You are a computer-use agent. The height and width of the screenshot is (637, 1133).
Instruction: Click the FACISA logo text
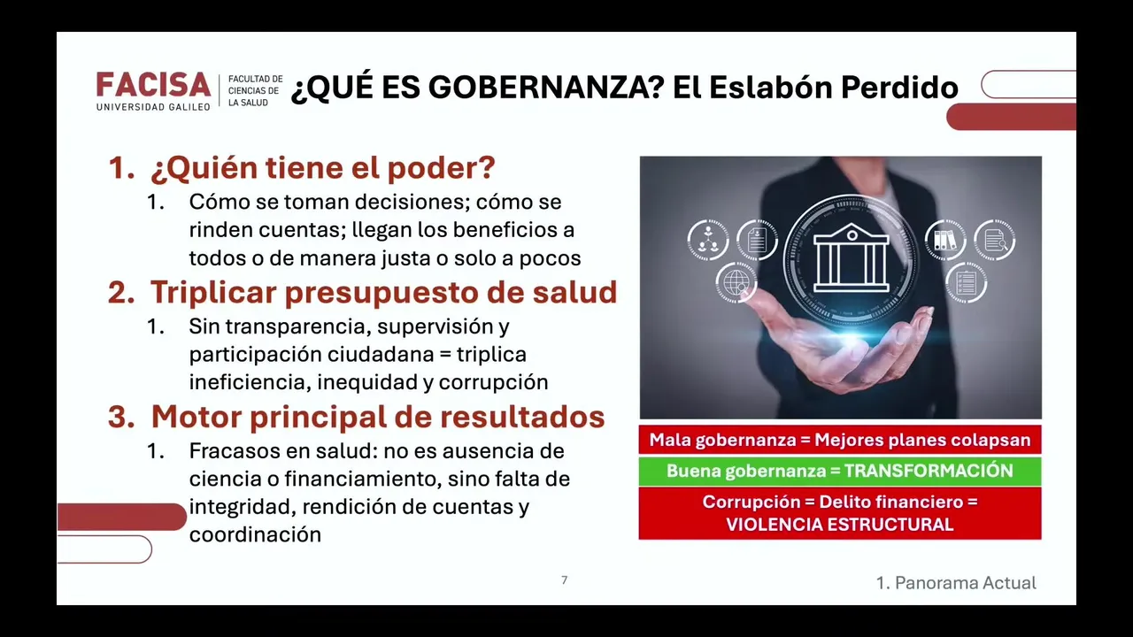(x=153, y=84)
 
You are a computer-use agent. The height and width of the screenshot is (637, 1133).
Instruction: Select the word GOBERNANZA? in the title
(x=549, y=87)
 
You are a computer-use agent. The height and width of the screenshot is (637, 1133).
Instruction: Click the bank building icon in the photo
(x=851, y=257)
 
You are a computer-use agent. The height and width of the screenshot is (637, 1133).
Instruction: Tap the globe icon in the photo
(x=736, y=282)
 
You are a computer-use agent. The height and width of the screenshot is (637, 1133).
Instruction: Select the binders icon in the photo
(x=944, y=241)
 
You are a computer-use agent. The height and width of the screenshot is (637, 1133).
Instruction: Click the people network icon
(x=708, y=240)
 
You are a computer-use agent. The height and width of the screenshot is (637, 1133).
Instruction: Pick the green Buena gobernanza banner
(x=840, y=472)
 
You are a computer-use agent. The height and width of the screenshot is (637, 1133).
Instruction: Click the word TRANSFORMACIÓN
(x=929, y=472)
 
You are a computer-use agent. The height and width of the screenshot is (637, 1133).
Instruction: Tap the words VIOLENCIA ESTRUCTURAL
(x=840, y=525)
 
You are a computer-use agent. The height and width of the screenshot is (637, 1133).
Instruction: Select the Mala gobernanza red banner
(x=840, y=440)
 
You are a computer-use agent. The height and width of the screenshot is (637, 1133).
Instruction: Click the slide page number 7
(x=565, y=579)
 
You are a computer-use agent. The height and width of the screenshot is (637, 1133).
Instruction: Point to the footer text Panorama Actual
(x=966, y=583)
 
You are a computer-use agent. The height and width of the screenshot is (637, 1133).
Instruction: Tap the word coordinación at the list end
(x=255, y=535)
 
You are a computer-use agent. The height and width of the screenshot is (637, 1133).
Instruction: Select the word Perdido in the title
(x=899, y=87)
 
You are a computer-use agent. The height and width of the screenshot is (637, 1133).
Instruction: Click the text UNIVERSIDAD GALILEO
(x=153, y=107)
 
